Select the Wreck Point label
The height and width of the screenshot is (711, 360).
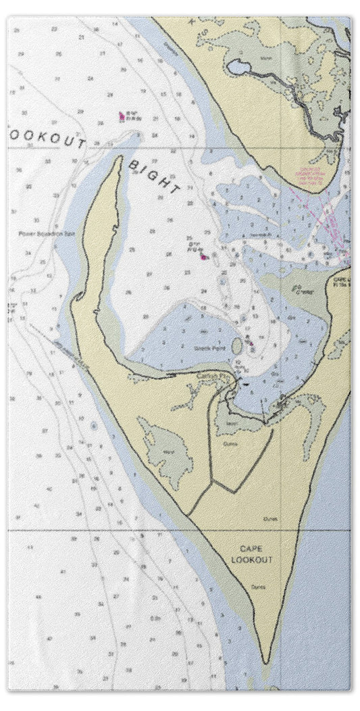tap(211, 350)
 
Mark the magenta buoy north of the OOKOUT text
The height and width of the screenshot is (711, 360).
tap(122, 116)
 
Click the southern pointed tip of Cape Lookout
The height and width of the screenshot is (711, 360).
tap(267, 661)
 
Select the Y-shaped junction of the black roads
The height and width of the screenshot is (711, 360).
tap(213, 483)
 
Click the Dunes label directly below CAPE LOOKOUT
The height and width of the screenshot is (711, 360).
tap(255, 586)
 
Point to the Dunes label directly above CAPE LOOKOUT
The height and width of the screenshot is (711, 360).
tap(270, 518)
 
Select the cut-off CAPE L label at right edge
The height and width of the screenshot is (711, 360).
tap(341, 278)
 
